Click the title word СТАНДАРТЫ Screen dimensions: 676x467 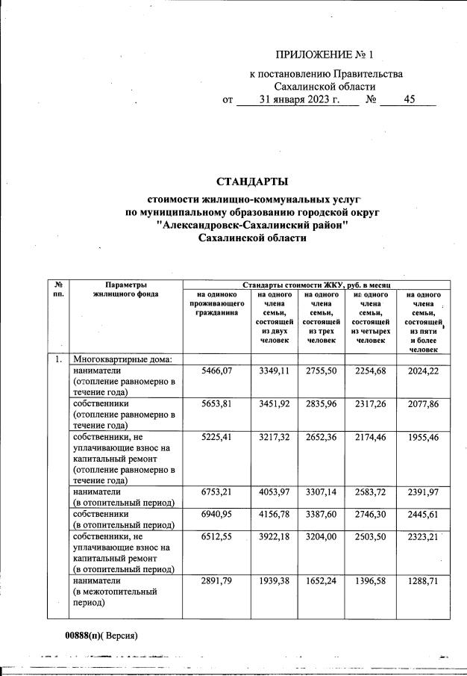252,182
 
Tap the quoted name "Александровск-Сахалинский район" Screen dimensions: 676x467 253,225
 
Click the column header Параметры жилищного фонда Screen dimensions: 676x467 125,289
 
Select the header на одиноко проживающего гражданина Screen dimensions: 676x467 216,304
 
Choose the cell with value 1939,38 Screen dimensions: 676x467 277,580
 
